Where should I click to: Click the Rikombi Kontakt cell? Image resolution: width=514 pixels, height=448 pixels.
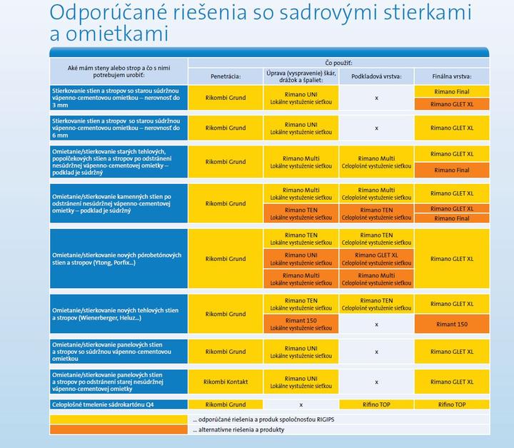(226, 382)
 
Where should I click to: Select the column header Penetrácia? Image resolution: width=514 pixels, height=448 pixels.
(226, 76)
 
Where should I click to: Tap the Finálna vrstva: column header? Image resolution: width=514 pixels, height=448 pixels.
(451, 76)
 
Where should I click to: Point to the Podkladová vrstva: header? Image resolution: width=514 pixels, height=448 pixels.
(376, 76)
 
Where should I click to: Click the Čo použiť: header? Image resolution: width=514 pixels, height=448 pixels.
(338, 63)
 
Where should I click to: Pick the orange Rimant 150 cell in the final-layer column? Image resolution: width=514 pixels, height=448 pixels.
(451, 324)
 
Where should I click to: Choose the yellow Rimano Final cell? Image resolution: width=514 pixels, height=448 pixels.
(451, 91)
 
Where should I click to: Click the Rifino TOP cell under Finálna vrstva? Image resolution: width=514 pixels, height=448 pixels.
(451, 404)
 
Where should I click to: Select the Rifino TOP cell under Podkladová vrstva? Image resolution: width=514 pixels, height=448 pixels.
(376, 404)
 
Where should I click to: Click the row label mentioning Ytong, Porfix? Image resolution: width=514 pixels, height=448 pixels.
(117, 259)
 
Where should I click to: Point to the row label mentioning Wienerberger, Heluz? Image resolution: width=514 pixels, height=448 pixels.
(117, 314)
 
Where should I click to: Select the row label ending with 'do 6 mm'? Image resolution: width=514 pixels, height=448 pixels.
(117, 128)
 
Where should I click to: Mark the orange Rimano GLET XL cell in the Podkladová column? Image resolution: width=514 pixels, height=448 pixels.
(376, 259)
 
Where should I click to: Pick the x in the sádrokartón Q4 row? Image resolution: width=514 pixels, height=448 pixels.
(301, 404)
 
